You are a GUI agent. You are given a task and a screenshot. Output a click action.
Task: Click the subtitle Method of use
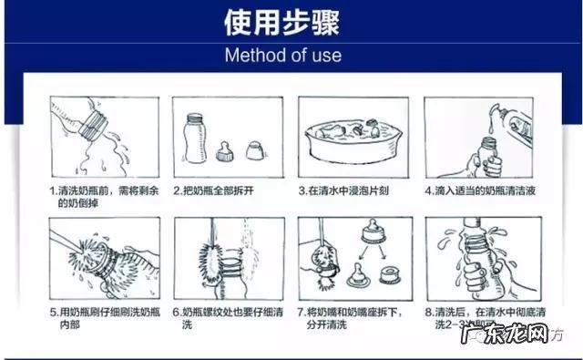click(x=282, y=55)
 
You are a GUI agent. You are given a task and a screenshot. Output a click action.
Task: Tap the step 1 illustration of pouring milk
click(x=104, y=139)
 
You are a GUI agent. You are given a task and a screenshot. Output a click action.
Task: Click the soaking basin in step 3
click(x=352, y=139)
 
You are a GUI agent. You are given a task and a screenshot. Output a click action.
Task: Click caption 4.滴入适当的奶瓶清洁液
click(x=480, y=192)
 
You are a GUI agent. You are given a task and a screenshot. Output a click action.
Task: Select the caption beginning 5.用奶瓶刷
click(x=102, y=316)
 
